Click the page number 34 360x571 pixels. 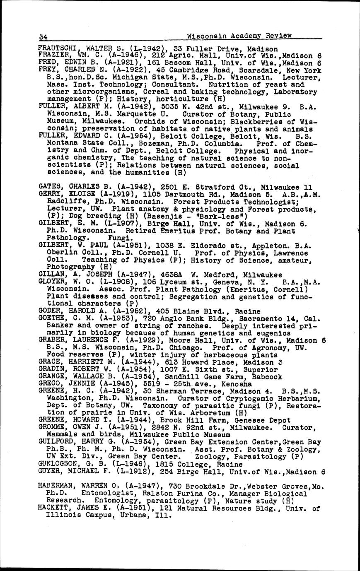click(x=43, y=36)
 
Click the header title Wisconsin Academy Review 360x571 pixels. click(x=239, y=36)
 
